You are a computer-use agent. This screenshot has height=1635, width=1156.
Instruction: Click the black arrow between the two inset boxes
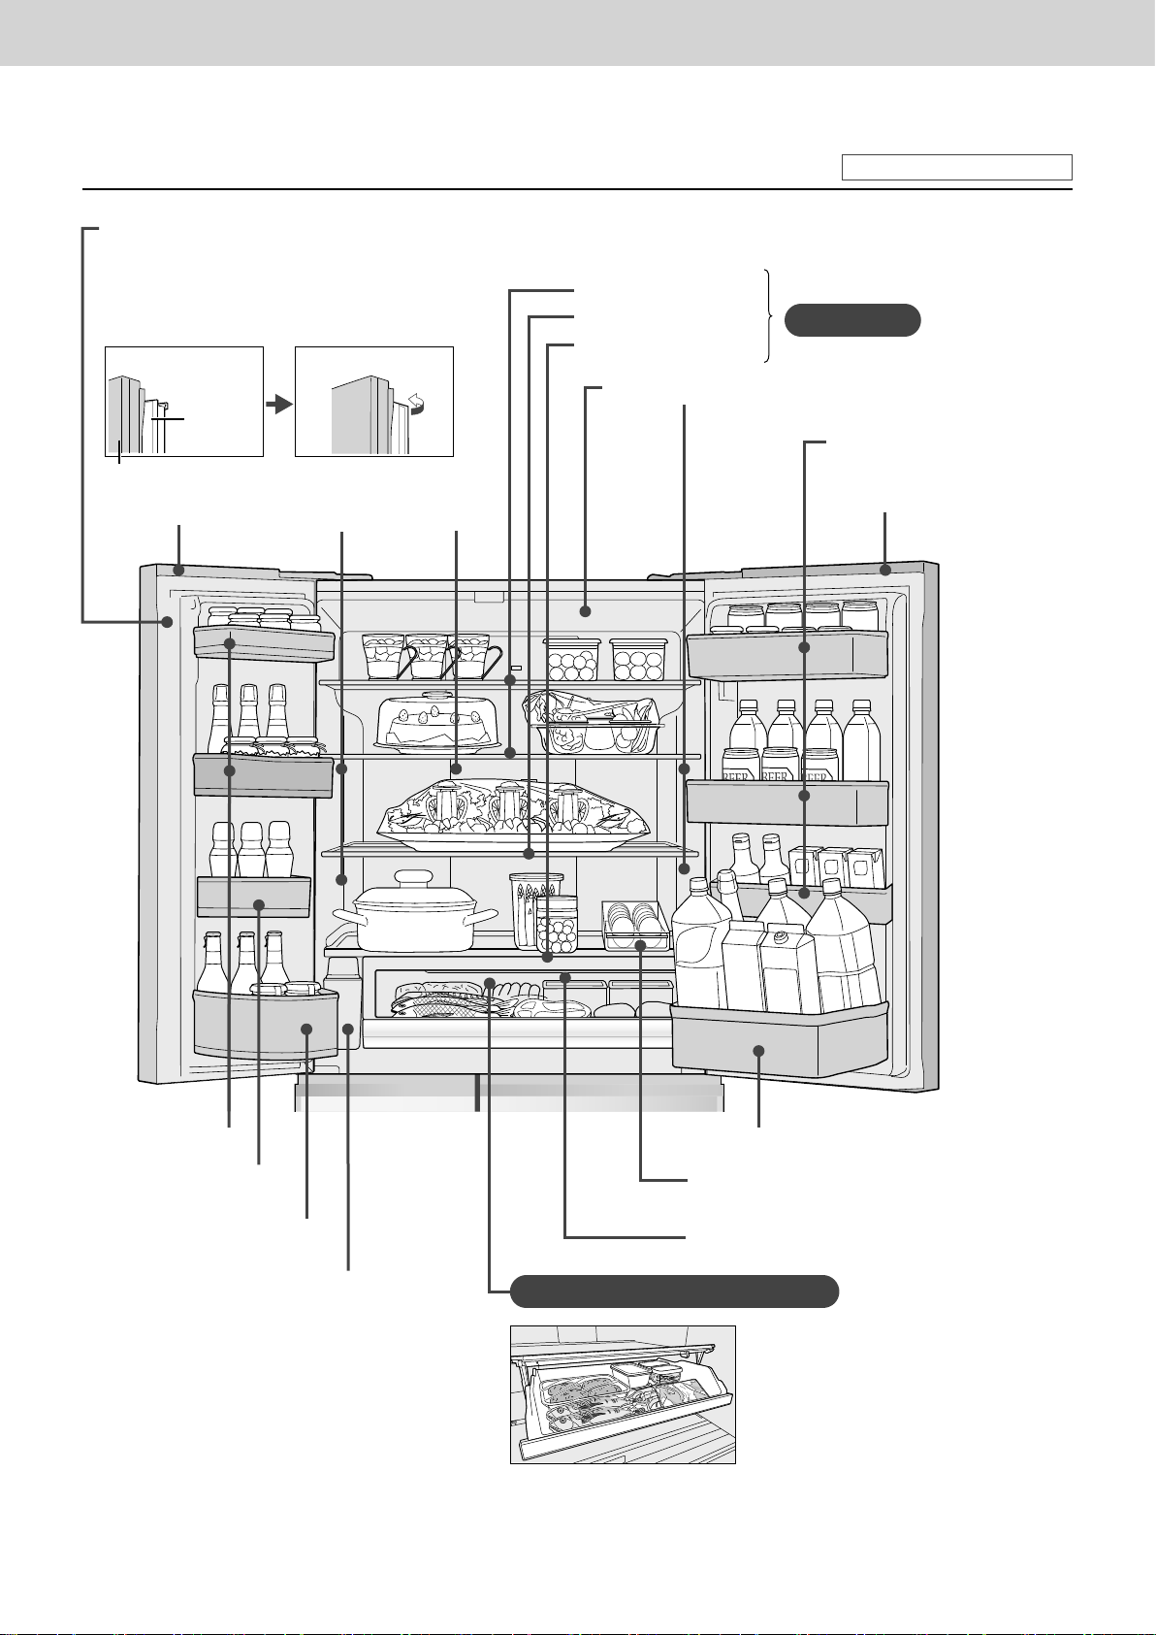(x=278, y=403)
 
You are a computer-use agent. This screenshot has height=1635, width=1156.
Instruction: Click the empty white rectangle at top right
(x=956, y=167)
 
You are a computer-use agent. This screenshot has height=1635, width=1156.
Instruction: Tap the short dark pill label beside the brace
(x=851, y=319)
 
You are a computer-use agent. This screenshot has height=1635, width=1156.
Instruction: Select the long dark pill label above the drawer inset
(x=674, y=1292)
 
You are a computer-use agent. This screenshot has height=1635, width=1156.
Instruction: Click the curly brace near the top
(x=768, y=316)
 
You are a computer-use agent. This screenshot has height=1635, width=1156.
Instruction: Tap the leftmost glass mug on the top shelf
(x=386, y=656)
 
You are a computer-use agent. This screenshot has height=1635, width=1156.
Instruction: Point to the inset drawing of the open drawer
(x=623, y=1393)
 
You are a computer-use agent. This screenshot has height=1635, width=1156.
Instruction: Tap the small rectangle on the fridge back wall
(x=516, y=669)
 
